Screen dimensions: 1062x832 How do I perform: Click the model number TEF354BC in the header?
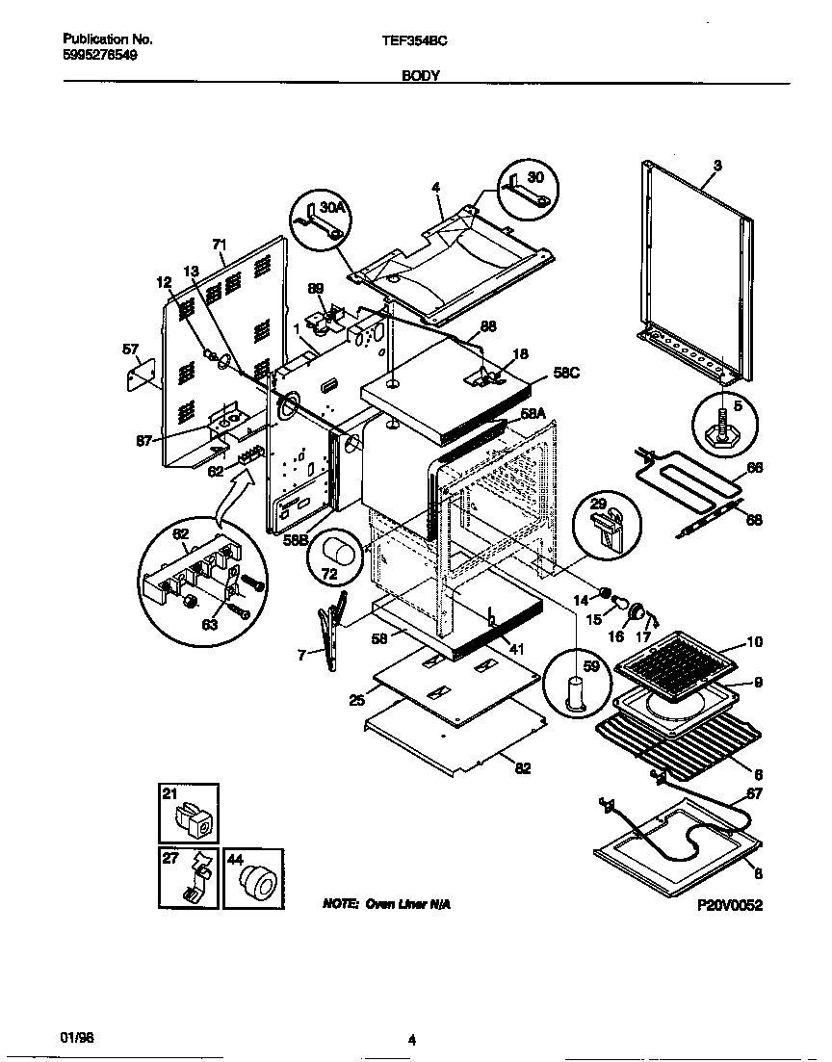tap(414, 41)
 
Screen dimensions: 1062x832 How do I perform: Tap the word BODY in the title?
tap(421, 75)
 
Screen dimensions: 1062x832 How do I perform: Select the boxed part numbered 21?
tap(189, 815)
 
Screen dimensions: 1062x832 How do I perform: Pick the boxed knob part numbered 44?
tap(255, 878)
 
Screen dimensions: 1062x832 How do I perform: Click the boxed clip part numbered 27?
tap(189, 877)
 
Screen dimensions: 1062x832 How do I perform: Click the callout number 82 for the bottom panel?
tap(522, 767)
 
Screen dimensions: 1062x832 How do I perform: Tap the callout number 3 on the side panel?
tap(716, 166)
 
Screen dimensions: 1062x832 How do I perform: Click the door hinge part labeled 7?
tap(329, 631)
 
